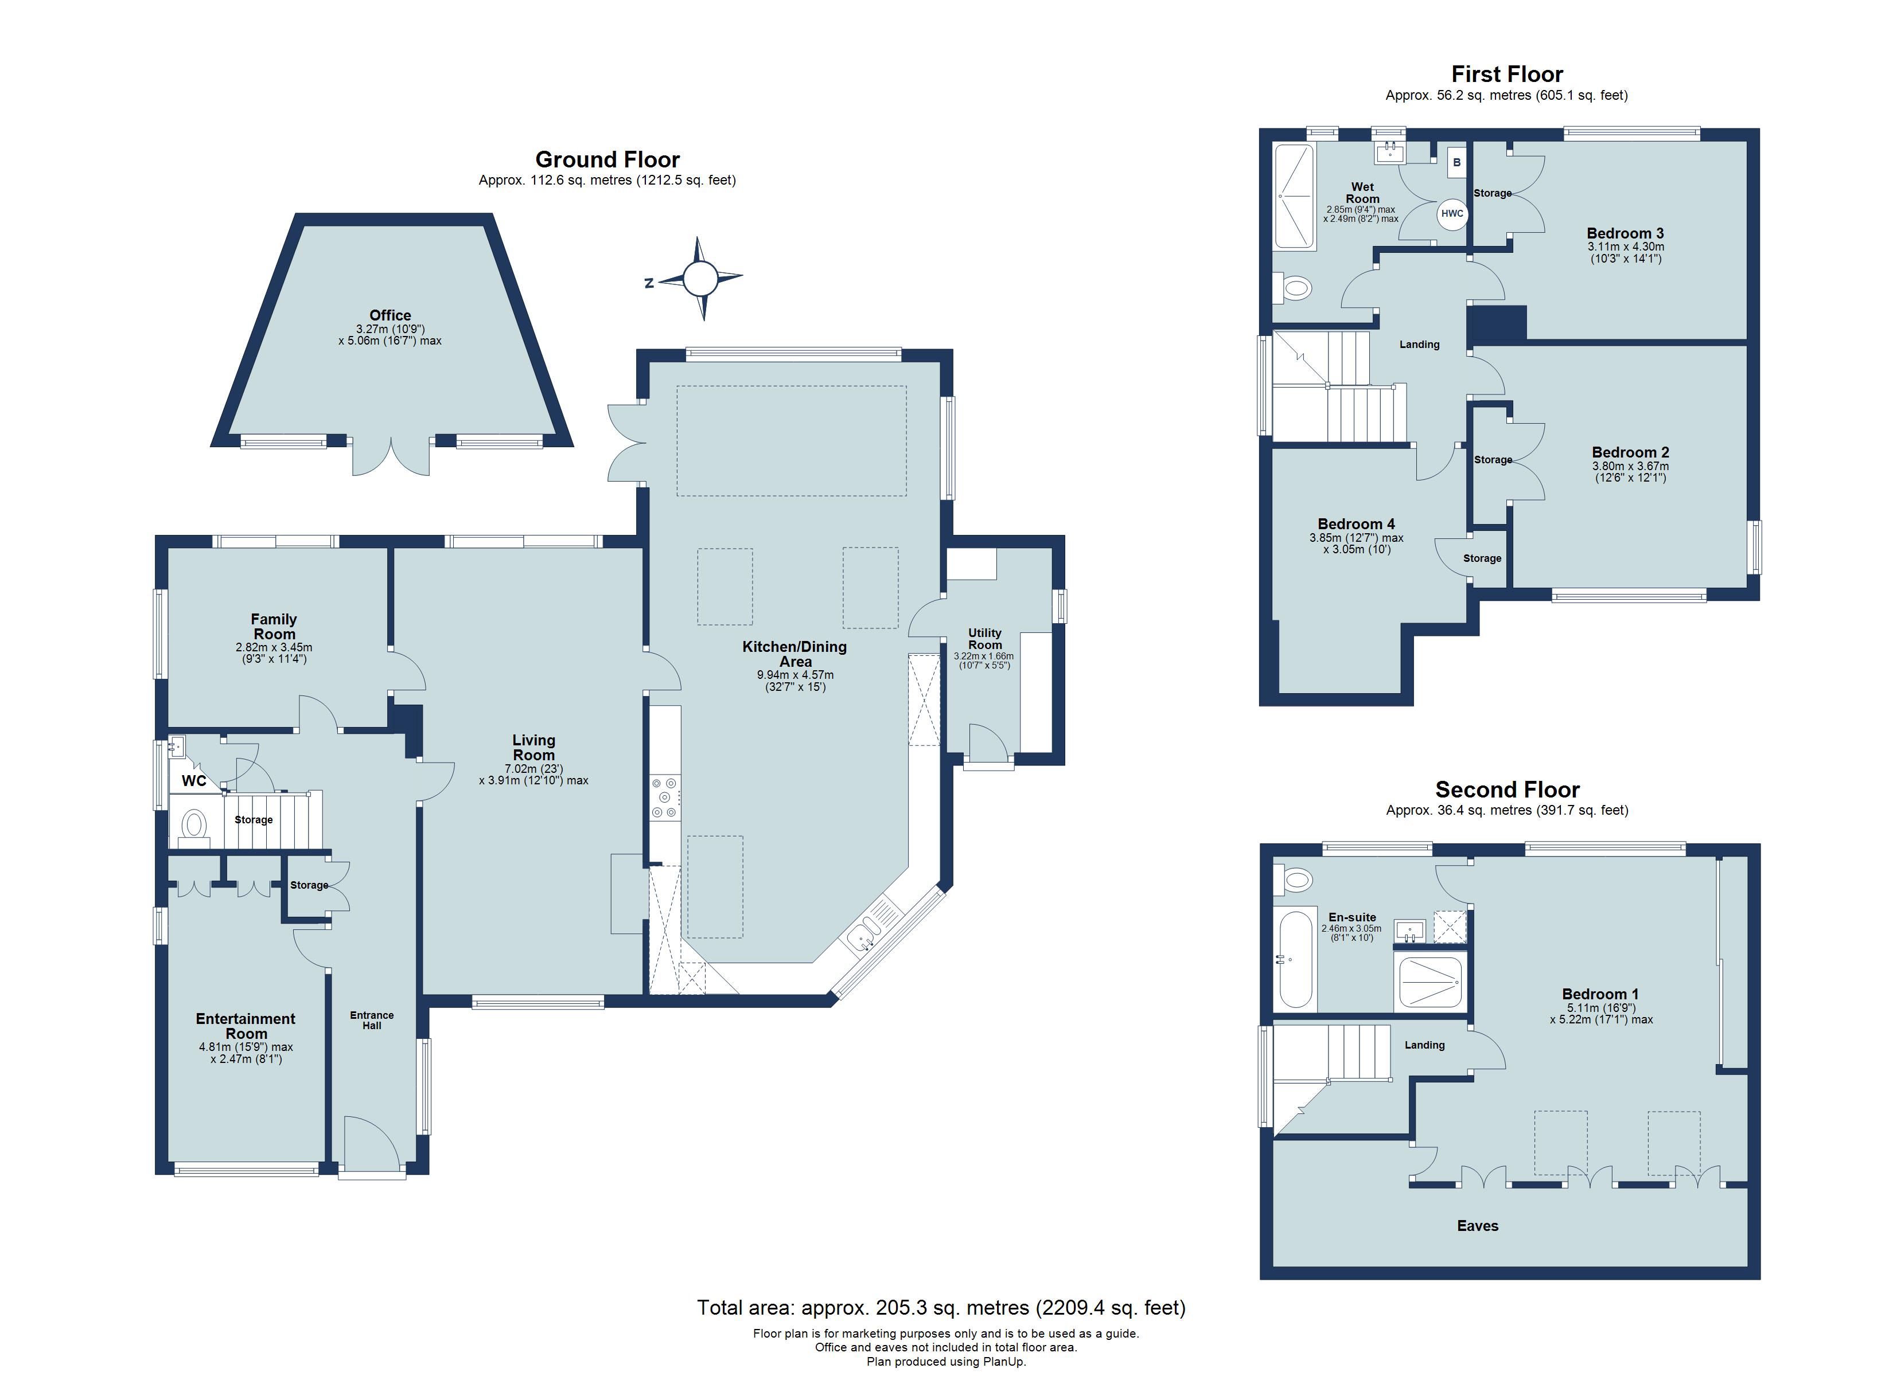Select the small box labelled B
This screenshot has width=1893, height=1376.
coord(1456,163)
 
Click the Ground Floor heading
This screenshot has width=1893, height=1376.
coord(607,159)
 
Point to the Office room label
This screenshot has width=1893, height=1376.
coord(389,315)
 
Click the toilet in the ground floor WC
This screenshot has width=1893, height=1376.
coord(194,825)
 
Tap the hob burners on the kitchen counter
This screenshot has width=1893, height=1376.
coord(665,798)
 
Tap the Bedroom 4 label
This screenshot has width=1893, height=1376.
coord(1356,524)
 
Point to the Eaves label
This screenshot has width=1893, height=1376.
coord(1477,1226)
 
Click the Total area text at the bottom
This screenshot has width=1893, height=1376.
coord(941,1308)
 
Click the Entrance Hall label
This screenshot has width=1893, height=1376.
coord(371,1020)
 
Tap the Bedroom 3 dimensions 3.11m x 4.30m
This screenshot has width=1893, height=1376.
coord(1625,247)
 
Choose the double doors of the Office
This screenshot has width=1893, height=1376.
coord(391,458)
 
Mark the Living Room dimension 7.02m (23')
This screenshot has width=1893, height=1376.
coord(533,768)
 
